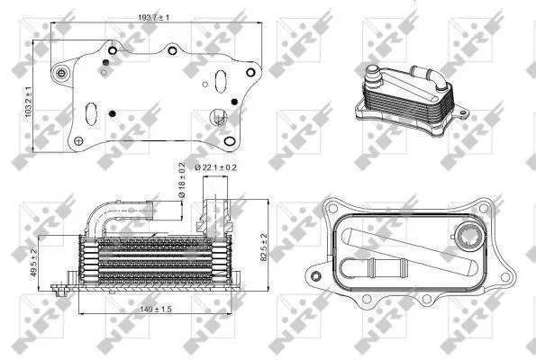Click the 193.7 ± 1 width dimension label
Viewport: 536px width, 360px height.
click(x=153, y=17)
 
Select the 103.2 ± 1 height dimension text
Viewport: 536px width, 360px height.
click(x=28, y=102)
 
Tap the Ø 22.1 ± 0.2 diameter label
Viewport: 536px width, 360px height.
click(x=215, y=167)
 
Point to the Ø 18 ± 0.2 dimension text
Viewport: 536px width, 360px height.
click(x=181, y=180)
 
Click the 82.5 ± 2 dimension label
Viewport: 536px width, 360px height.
click(x=264, y=247)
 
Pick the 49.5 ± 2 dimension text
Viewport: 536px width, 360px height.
click(x=33, y=262)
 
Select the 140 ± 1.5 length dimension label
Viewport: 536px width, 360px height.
click(x=156, y=310)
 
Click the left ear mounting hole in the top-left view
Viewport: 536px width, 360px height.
click(x=61, y=73)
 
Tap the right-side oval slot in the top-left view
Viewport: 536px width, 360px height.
click(x=221, y=81)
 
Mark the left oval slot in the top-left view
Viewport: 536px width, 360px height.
click(x=91, y=113)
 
